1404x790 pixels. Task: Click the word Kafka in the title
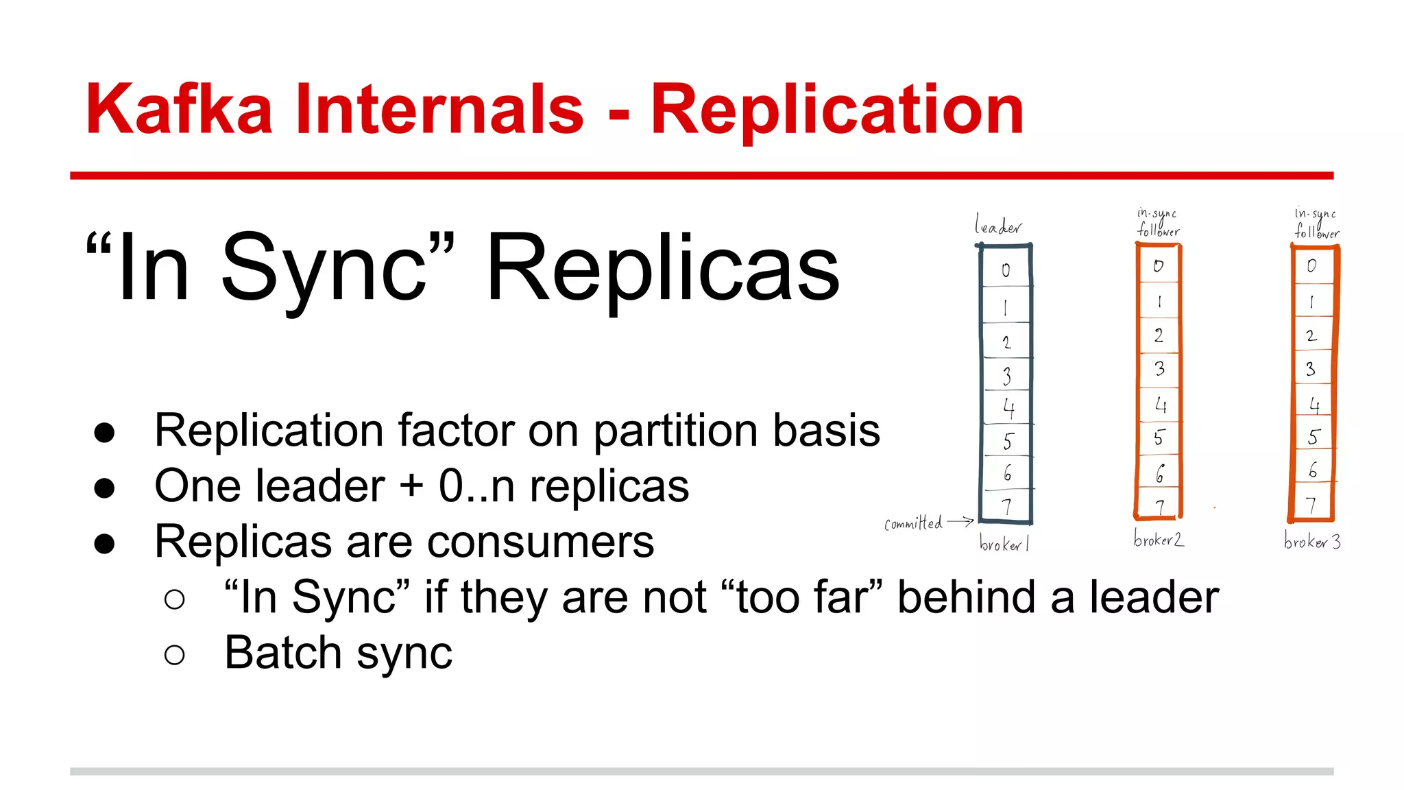(x=180, y=110)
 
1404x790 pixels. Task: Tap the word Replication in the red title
(x=837, y=110)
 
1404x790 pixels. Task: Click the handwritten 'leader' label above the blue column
(x=998, y=226)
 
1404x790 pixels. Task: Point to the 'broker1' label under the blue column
(x=1004, y=544)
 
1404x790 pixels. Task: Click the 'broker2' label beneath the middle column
(x=1159, y=540)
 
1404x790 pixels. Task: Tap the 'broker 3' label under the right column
(x=1312, y=542)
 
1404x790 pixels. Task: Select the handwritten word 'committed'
(x=913, y=524)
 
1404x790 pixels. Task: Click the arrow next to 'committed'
(x=961, y=522)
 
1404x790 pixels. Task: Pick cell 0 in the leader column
(x=1006, y=270)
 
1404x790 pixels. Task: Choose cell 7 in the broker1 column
(x=1006, y=507)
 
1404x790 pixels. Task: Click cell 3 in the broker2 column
(x=1159, y=369)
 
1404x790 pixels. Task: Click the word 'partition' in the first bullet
(x=676, y=431)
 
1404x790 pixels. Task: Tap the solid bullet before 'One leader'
(x=104, y=488)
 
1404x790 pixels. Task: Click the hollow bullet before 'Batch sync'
(x=175, y=655)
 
